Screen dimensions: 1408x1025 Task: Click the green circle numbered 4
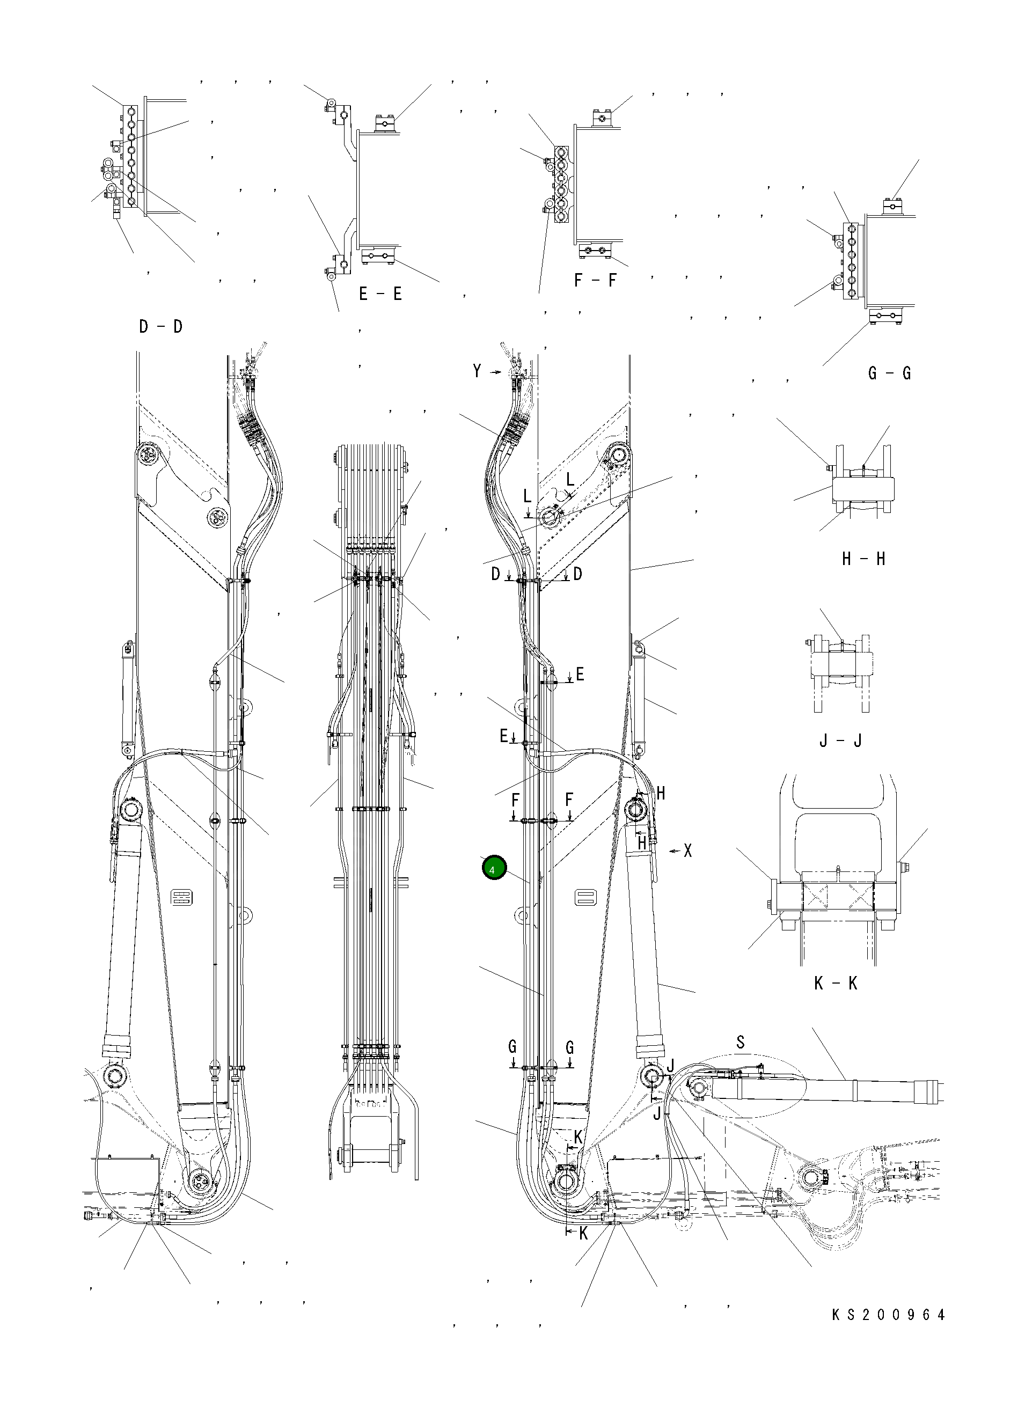[494, 869]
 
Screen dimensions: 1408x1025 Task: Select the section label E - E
[380, 294]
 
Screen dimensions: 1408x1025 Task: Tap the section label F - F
[595, 281]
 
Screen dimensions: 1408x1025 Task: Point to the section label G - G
[889, 373]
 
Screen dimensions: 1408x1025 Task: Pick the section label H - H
[863, 559]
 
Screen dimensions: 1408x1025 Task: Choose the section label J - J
[840, 740]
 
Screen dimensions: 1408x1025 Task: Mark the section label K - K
[836, 984]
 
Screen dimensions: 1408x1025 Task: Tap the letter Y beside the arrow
[477, 371]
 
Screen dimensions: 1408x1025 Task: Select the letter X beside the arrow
[688, 851]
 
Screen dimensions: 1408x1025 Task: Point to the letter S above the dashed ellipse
[740, 1043]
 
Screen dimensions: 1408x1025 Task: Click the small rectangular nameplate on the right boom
[586, 898]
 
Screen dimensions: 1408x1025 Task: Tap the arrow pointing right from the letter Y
[495, 372]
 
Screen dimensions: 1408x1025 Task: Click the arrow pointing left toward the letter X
[675, 852]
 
